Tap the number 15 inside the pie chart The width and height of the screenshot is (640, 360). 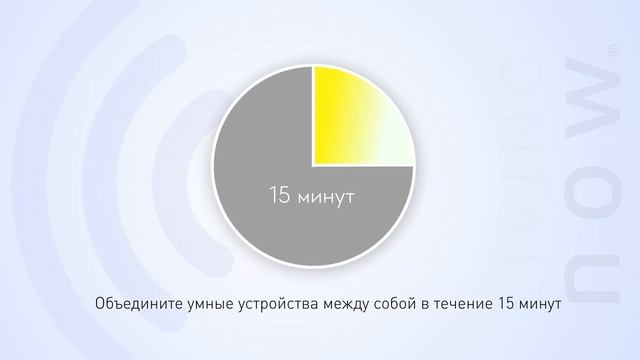point(279,195)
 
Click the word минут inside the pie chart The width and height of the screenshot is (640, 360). point(326,196)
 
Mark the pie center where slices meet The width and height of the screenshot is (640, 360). point(313,165)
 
